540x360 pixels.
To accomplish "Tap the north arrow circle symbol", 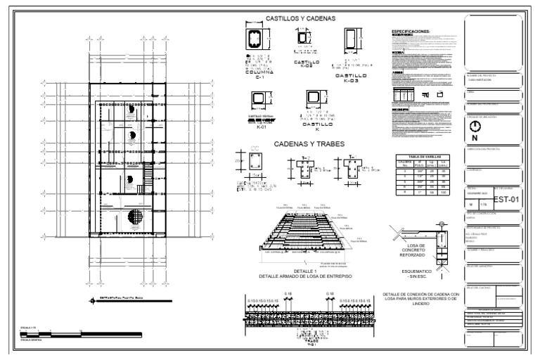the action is (475, 127).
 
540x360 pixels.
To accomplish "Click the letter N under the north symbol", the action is (475, 139).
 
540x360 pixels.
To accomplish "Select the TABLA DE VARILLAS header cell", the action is (413, 157).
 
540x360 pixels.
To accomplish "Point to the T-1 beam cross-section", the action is (348, 167).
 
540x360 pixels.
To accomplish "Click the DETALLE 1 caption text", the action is (304, 274).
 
